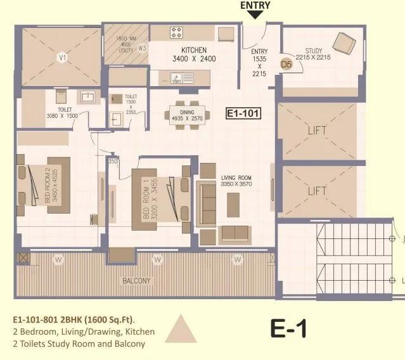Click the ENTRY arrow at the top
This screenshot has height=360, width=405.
255,15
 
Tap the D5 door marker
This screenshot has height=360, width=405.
286,63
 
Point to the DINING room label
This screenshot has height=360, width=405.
177,112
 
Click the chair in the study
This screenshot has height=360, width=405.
344,43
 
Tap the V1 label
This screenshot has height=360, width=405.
61,58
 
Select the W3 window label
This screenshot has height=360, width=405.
142,48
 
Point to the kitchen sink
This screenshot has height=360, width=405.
181,77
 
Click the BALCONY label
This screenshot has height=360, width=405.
137,280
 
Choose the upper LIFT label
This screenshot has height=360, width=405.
317,131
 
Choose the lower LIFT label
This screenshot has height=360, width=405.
317,190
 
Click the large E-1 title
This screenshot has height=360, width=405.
288,329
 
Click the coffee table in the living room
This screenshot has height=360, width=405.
233,203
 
